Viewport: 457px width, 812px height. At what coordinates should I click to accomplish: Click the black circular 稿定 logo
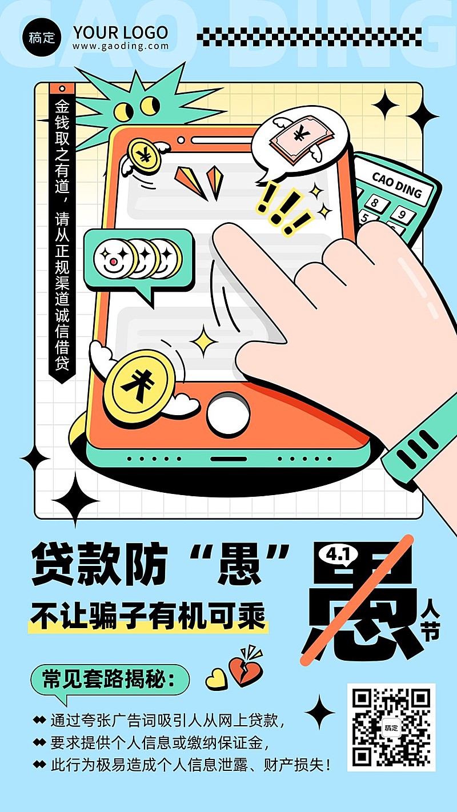[42, 38]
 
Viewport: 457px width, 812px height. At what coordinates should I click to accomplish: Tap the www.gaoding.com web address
[121, 46]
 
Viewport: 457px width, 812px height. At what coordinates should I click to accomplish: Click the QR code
[391, 727]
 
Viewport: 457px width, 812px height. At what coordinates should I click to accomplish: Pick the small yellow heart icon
[217, 678]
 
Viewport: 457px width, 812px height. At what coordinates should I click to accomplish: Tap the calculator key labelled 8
[375, 202]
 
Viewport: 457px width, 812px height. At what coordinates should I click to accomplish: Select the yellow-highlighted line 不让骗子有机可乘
[147, 617]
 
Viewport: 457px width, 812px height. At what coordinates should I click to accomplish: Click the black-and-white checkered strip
[309, 37]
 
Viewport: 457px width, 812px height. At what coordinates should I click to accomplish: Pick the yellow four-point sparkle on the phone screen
[204, 341]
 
